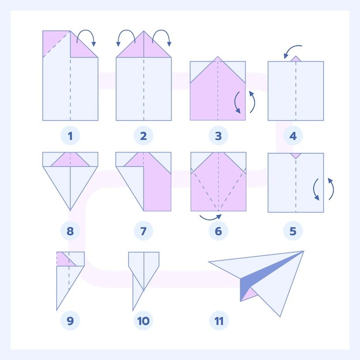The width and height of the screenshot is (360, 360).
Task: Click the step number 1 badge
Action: coord(70,136)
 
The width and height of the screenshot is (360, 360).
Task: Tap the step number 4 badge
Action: coord(293,136)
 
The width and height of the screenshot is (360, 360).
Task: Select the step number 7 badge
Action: coord(143,231)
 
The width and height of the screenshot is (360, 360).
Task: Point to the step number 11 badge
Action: coord(219,321)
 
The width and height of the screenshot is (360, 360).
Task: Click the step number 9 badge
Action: coord(70,321)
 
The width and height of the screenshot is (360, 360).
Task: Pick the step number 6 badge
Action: coord(219,231)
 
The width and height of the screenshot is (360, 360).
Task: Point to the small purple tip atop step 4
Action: coord(296,59)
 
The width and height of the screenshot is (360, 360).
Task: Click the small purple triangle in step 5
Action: coord(296,155)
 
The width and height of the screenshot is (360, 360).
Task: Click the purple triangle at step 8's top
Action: coord(70,160)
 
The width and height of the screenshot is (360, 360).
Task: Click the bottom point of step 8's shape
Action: coord(70,210)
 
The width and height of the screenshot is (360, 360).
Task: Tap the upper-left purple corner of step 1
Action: coord(54,41)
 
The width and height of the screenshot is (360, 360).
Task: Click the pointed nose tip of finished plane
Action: coord(209,262)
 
